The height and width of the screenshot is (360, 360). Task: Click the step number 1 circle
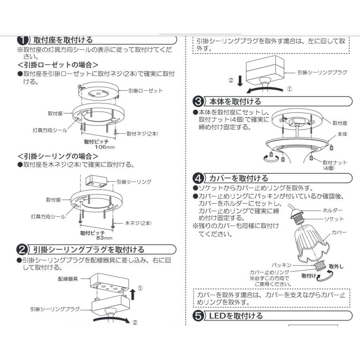click(x=23, y=40)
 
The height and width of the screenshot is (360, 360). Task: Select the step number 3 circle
click(x=198, y=101)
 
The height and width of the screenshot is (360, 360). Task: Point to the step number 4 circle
click(x=198, y=178)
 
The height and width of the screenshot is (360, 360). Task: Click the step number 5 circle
click(x=198, y=316)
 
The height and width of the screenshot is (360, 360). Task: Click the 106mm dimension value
click(x=102, y=147)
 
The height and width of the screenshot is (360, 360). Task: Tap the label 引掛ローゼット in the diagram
click(x=145, y=91)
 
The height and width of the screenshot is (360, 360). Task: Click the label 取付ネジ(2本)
click(x=142, y=133)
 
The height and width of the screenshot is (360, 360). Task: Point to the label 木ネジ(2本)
click(x=139, y=223)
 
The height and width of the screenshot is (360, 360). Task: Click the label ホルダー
click(x=332, y=210)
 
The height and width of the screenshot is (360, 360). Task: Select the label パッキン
click(x=282, y=265)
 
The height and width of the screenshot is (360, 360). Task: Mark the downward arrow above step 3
click(x=240, y=81)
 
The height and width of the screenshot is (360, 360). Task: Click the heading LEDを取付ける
click(x=236, y=316)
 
